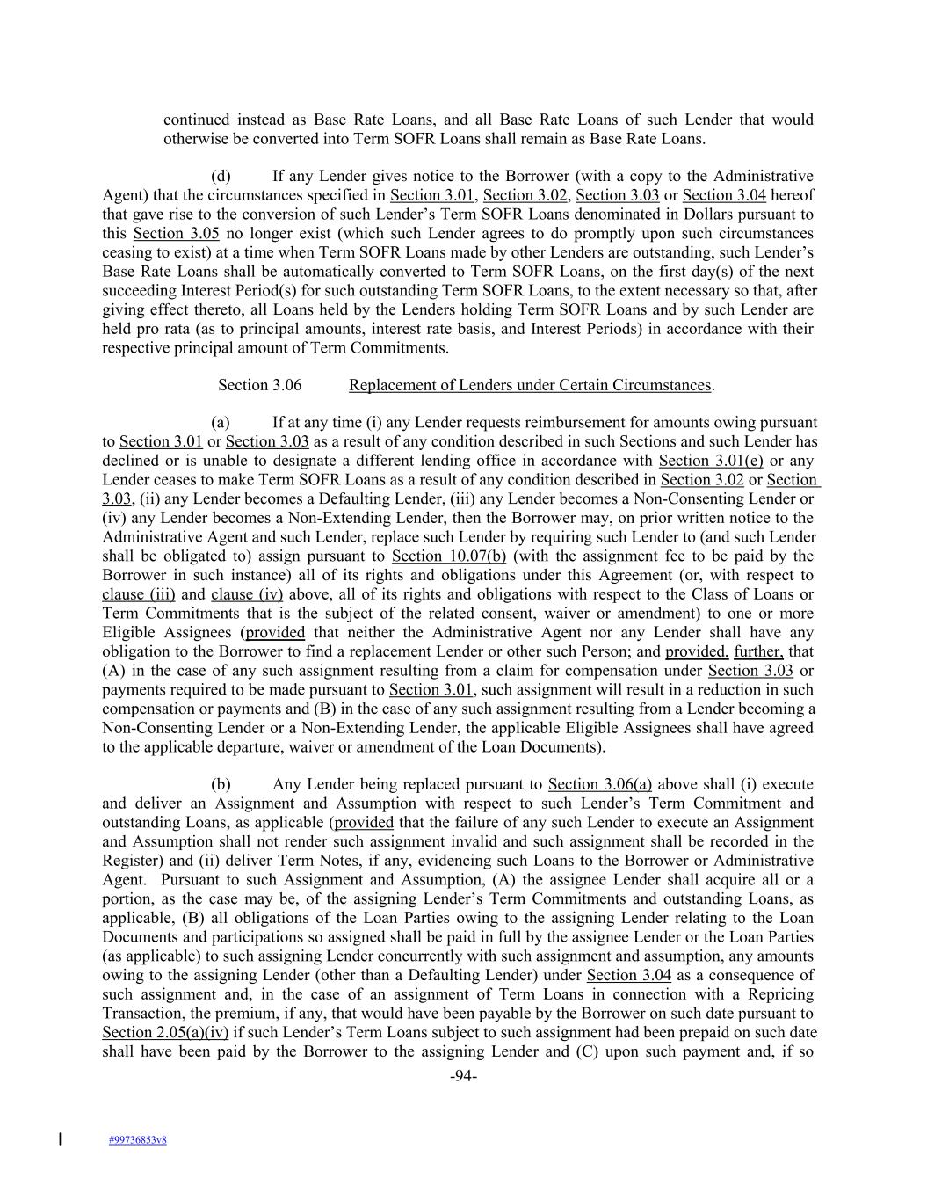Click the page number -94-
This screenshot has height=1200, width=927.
463,1077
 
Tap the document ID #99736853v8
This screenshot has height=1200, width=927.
138,1140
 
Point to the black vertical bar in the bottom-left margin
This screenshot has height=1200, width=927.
59,1139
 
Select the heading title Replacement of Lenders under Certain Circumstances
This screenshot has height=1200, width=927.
530,385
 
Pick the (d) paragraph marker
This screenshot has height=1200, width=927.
221,176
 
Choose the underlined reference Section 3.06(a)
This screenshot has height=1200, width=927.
600,784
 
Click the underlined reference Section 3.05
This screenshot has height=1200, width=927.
176,233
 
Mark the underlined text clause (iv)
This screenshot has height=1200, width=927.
247,594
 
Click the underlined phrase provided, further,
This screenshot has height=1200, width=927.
724,651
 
